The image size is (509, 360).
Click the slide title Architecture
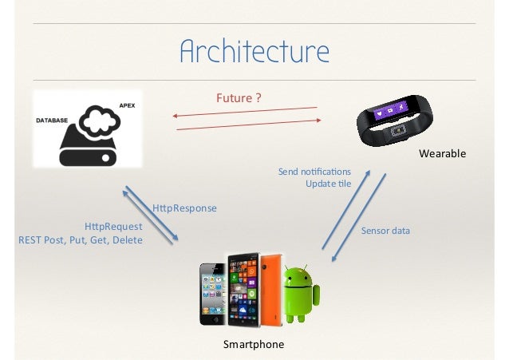(x=254, y=51)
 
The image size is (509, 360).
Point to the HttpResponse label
(x=184, y=208)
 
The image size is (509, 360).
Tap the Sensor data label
(x=385, y=231)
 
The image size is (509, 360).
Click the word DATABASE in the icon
(x=52, y=119)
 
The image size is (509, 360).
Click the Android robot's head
(x=298, y=275)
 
